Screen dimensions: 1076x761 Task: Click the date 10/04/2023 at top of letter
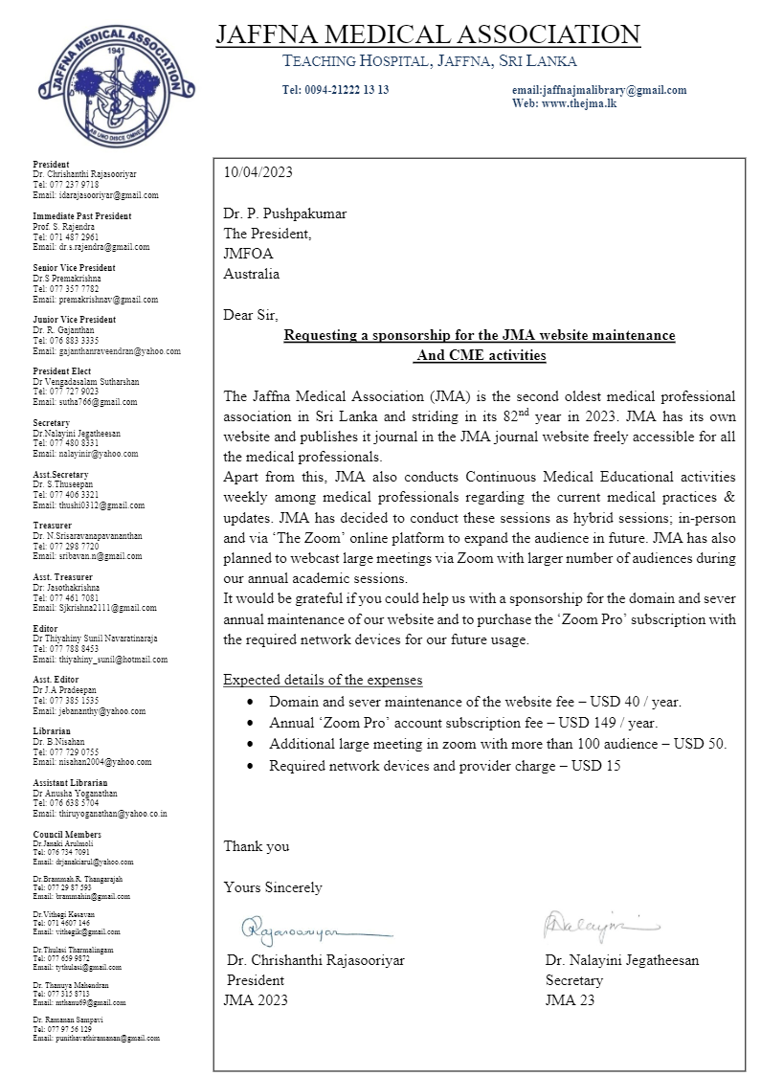[257, 172]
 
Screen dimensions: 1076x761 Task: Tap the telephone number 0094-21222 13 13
[335, 90]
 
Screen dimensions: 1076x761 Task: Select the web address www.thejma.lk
[578, 103]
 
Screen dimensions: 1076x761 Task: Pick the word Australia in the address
[252, 274]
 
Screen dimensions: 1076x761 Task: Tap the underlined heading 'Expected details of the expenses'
[323, 680]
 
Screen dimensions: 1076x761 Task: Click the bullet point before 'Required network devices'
[250, 766]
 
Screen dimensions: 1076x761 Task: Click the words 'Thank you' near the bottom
[257, 846]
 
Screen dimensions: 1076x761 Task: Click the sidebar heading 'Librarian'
[49, 731]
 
